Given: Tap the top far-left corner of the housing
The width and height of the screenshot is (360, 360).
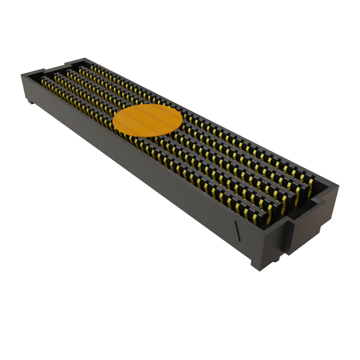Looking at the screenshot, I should (22, 74).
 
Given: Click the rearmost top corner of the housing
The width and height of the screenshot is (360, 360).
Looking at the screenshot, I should (84, 58).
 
